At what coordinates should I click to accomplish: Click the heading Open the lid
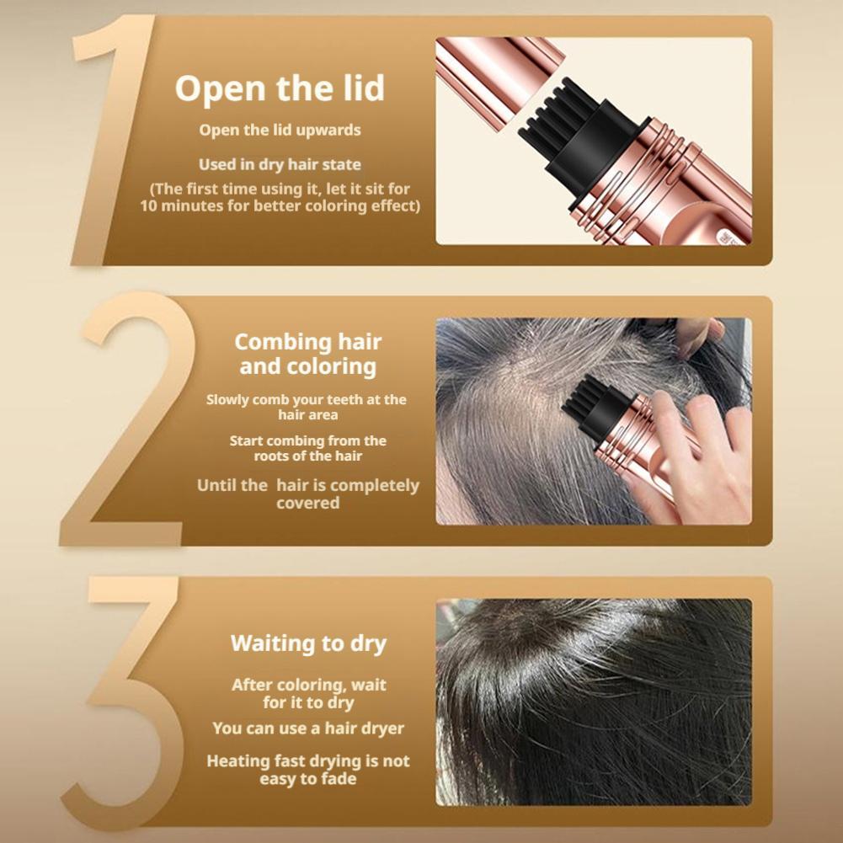pyautogui.click(x=280, y=88)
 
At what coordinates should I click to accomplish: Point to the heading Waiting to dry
pyautogui.click(x=308, y=643)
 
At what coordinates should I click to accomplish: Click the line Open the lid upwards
pyautogui.click(x=280, y=130)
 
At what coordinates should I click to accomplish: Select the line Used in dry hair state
pyautogui.click(x=280, y=164)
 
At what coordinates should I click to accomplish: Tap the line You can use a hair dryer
pyautogui.click(x=308, y=728)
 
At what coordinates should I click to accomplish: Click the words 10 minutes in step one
pyautogui.click(x=182, y=206)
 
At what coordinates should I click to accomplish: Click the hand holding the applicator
pyautogui.click(x=694, y=462)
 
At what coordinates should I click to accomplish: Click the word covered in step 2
pyautogui.click(x=308, y=504)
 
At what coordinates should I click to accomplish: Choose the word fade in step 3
pyautogui.click(x=339, y=779)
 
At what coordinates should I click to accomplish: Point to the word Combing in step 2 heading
pyautogui.click(x=282, y=343)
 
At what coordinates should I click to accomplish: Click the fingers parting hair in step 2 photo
pyautogui.click(x=699, y=336)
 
